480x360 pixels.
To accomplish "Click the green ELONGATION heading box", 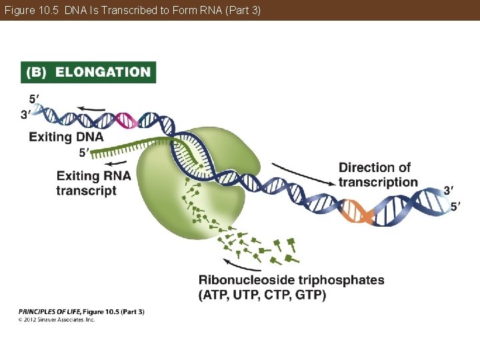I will point(89,72).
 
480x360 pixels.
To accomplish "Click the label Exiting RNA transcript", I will point(93,183).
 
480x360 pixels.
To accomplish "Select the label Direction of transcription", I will point(378,175).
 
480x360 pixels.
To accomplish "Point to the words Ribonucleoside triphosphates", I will point(291,280).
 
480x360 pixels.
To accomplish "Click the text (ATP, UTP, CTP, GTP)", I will point(262,295).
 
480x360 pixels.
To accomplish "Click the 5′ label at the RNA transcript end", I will point(84,153).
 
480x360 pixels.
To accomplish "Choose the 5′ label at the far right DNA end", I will point(455,207).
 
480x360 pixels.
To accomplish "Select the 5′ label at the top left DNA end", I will point(34,100).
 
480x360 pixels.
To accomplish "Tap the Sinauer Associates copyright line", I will point(57,320).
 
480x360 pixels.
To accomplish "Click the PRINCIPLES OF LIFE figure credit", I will point(81,311).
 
